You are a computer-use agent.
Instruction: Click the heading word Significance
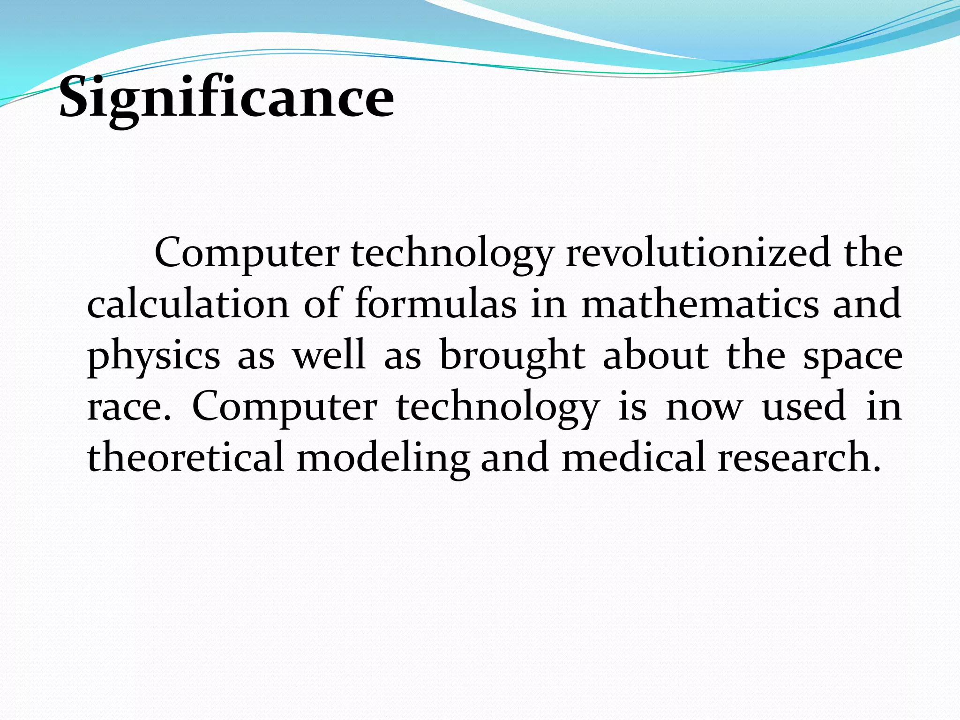coord(227,98)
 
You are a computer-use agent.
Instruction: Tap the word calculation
coord(188,304)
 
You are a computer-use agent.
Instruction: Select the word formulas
coord(435,304)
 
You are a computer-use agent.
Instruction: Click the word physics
coord(154,356)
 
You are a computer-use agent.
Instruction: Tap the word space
coord(853,356)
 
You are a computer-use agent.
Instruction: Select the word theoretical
coord(186,457)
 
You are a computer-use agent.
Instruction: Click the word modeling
coord(383,457)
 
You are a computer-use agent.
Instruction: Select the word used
coord(804,407)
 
